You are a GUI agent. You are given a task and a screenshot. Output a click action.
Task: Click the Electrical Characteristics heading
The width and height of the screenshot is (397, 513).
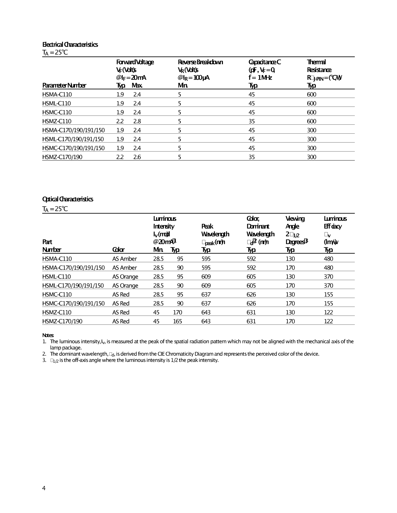coord(70,45)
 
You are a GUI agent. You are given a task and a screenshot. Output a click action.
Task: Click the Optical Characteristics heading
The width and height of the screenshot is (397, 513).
coord(68,199)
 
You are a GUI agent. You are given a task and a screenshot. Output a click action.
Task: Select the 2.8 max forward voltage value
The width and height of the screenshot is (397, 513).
coord(137,121)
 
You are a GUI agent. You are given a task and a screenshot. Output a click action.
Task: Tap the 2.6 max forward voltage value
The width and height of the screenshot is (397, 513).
coord(137,157)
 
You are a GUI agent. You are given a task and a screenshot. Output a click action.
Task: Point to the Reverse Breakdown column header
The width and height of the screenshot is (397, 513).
coord(200,62)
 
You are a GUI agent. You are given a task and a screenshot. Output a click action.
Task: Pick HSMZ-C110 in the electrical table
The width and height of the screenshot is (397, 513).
coord(57,121)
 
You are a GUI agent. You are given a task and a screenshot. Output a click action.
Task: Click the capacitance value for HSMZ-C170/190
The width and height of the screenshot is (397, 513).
coord(252,157)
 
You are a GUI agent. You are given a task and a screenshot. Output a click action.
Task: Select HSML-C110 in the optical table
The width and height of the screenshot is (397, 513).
coord(57,277)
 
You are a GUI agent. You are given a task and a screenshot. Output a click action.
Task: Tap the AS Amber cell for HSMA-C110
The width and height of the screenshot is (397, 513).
coord(125,259)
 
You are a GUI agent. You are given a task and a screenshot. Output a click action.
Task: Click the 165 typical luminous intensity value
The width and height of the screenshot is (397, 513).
coord(177,321)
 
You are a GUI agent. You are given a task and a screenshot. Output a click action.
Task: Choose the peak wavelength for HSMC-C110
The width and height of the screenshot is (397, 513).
coord(206,295)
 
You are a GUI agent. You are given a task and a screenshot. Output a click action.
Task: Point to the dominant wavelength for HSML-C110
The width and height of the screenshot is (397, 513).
coord(251,277)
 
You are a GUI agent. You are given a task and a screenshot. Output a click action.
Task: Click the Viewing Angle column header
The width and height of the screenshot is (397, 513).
coord(295,222)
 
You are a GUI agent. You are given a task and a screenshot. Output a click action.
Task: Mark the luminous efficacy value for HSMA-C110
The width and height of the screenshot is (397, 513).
coord(328,259)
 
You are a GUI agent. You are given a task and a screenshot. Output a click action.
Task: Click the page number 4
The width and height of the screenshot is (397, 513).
coord(44,488)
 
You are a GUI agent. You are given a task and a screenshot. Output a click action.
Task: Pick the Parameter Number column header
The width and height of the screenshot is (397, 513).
coord(64,85)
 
